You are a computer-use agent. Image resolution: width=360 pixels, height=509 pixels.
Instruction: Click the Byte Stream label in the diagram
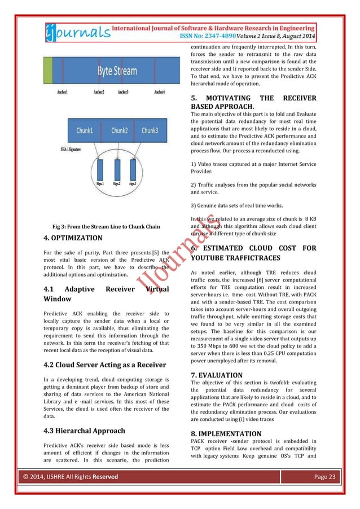click(117, 71)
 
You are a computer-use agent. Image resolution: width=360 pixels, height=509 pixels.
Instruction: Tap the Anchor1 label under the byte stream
click(63, 91)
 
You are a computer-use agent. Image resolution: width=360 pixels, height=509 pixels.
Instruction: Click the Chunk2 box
click(119, 130)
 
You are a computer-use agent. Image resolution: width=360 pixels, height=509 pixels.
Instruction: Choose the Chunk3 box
click(150, 130)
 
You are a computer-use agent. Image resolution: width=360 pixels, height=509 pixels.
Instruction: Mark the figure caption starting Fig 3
click(106, 227)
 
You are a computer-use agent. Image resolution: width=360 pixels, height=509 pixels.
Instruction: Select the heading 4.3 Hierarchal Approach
click(81, 431)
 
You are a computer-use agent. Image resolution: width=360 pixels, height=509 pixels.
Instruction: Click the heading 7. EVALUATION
click(217, 375)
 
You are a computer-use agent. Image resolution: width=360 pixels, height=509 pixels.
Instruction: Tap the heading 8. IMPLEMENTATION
click(226, 435)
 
